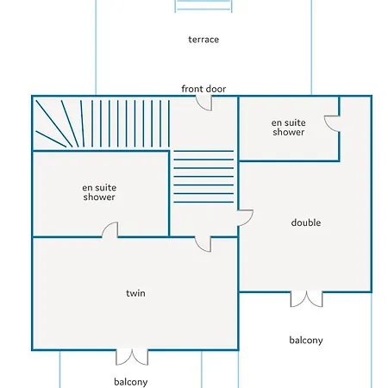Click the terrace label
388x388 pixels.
coord(203,40)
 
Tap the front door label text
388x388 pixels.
coord(203,89)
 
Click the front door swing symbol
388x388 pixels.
coord(204,103)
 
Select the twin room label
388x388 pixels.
coord(135,293)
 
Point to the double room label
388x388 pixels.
coord(306,222)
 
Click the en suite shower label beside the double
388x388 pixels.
coord(289,128)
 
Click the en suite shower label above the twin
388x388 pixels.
coord(99,192)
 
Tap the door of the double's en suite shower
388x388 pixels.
coord(332,124)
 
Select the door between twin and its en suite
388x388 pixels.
coord(110,230)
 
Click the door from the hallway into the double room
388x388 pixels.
coord(245,218)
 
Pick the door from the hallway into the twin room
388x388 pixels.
coord(203,244)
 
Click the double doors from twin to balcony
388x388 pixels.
coord(132,357)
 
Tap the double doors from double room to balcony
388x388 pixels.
coord(306,299)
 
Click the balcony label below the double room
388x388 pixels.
coord(306,341)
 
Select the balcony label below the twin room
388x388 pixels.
coord(131,382)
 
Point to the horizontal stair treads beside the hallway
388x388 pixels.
coord(203,177)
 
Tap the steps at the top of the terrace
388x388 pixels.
coord(203,6)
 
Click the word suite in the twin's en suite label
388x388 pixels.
coord(107,188)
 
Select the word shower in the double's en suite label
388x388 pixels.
coord(289,132)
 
